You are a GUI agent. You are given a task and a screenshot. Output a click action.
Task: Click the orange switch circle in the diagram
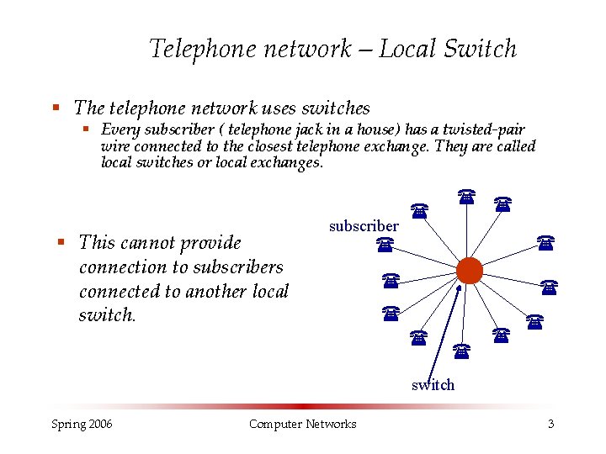click(469, 270)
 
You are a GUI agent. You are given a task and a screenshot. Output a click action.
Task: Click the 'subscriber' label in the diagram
click(364, 226)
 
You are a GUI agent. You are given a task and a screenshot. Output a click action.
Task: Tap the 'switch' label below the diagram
click(433, 385)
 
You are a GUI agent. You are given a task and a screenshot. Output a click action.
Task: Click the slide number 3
click(550, 424)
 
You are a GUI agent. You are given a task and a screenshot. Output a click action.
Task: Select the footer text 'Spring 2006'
click(82, 424)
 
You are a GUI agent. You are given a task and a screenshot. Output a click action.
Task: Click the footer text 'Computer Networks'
click(302, 424)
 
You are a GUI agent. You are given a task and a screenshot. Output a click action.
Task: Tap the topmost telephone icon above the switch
click(465, 197)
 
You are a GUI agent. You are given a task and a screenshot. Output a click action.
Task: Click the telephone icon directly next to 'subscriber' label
click(385, 245)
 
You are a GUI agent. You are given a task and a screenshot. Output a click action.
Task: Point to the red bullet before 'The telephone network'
click(56, 108)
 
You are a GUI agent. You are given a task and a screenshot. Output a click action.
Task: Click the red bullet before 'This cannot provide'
click(61, 242)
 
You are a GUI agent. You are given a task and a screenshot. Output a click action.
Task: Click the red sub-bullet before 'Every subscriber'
click(86, 129)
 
